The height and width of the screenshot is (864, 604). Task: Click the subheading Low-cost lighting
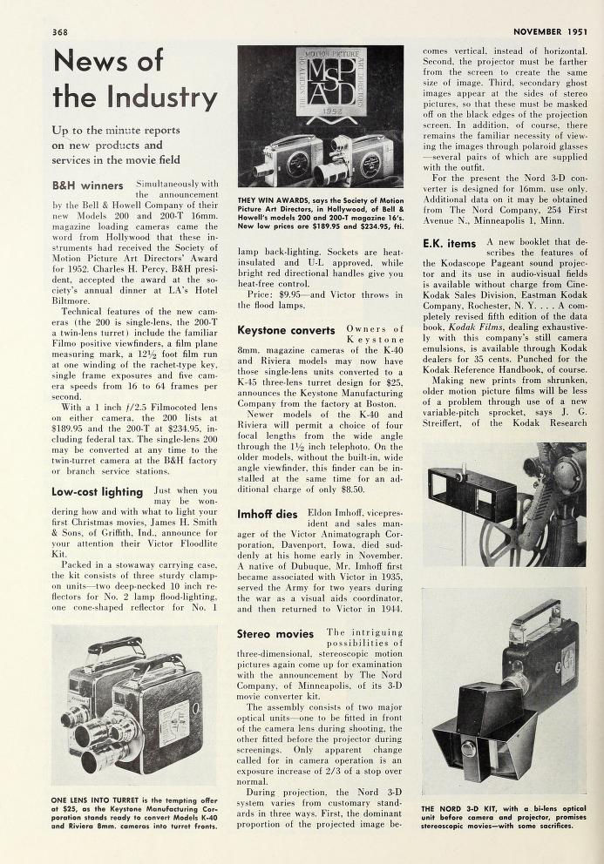pyautogui.click(x=96, y=491)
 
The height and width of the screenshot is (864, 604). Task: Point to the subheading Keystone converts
pyautogui.click(x=282, y=331)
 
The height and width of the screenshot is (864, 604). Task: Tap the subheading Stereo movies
pyautogui.click(x=275, y=634)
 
